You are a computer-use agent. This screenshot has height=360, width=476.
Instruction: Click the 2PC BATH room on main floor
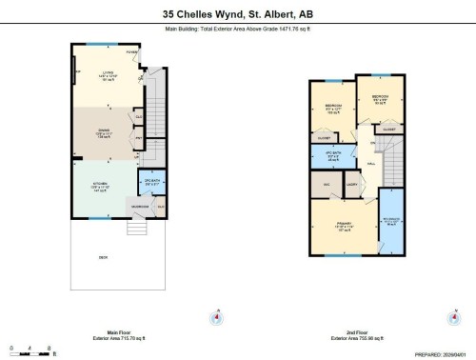[150, 184]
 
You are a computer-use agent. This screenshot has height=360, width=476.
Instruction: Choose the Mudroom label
[138, 207]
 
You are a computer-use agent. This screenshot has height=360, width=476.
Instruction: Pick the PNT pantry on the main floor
[139, 140]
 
